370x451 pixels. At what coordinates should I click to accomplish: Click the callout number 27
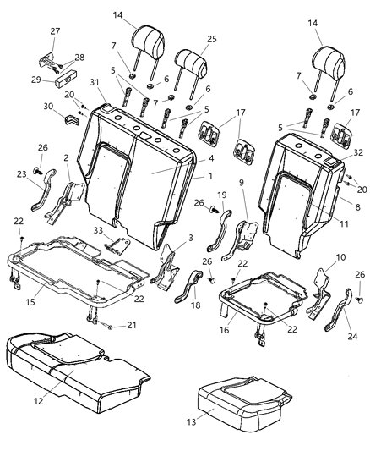point(56,31)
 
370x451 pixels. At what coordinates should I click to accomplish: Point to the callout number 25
point(211,40)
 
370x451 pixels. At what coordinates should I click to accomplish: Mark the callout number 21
point(131,325)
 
